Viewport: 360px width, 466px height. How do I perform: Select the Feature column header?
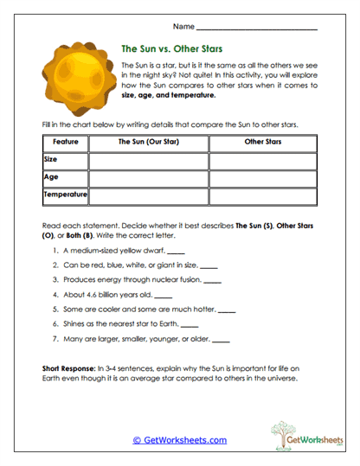(65, 141)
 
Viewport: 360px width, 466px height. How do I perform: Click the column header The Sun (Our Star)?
(148, 141)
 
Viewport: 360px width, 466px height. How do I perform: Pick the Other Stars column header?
(263, 141)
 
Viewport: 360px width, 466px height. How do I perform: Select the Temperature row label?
(65, 195)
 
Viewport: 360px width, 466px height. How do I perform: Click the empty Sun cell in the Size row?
(148, 160)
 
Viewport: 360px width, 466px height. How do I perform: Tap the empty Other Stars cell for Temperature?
(263, 196)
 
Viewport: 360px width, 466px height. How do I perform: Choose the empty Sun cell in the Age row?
(148, 178)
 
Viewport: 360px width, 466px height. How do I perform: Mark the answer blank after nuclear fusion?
(213, 281)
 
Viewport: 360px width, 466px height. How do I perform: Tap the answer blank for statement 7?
(221, 340)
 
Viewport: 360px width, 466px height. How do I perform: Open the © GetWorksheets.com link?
(180, 440)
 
